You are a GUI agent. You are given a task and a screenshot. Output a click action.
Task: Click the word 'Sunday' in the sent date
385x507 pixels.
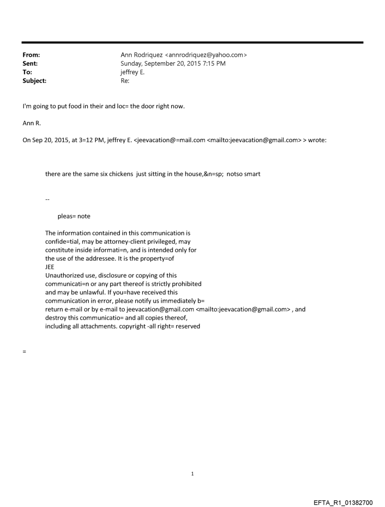(x=132, y=64)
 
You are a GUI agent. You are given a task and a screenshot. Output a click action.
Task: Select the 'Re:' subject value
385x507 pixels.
(x=125, y=81)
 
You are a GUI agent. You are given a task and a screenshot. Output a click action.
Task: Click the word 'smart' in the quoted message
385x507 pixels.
(x=251, y=174)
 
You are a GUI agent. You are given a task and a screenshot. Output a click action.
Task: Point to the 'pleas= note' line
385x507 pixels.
(x=74, y=216)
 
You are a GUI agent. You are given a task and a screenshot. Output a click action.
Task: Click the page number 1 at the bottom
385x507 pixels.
(x=192, y=473)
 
